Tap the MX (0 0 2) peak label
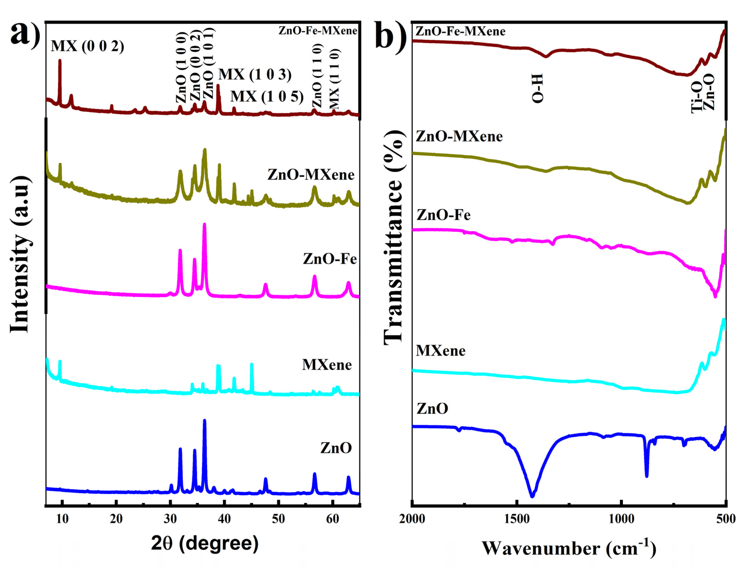point(87,46)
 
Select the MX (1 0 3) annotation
point(254,74)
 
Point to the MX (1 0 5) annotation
point(267,97)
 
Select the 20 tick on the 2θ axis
point(116,519)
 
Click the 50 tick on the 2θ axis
point(278,519)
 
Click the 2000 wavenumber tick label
point(412,519)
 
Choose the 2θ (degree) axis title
point(205,543)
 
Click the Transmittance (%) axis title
point(393,238)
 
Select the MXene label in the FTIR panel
point(440,350)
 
